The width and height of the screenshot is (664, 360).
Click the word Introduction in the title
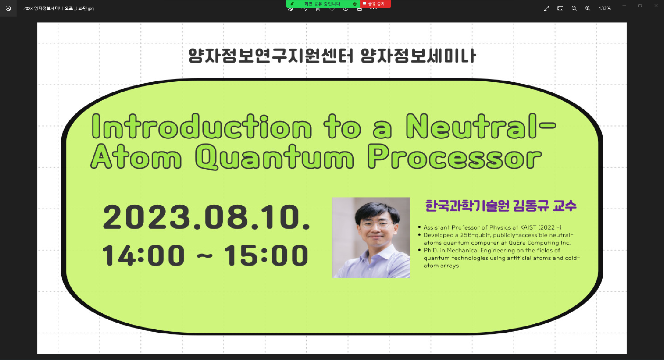click(202, 127)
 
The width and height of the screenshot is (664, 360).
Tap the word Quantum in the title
click(275, 157)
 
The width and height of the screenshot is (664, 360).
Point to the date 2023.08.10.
click(206, 217)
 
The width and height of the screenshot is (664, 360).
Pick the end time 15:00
click(266, 256)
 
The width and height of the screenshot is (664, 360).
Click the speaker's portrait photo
click(371, 238)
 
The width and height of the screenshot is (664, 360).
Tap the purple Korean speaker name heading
click(501, 206)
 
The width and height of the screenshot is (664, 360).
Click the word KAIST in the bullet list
click(528, 228)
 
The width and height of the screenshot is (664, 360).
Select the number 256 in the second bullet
click(466, 235)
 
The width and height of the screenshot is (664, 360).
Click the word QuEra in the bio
click(517, 243)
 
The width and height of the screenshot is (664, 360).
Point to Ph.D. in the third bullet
click(431, 250)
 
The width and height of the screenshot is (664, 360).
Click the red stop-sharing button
click(376, 4)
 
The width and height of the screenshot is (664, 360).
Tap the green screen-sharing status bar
click(322, 4)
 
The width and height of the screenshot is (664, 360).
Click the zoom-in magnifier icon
click(588, 8)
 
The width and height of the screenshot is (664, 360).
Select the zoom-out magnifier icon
click(574, 8)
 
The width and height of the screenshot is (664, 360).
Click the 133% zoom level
click(605, 8)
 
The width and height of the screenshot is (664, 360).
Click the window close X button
click(656, 6)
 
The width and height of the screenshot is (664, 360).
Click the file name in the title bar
click(58, 8)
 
